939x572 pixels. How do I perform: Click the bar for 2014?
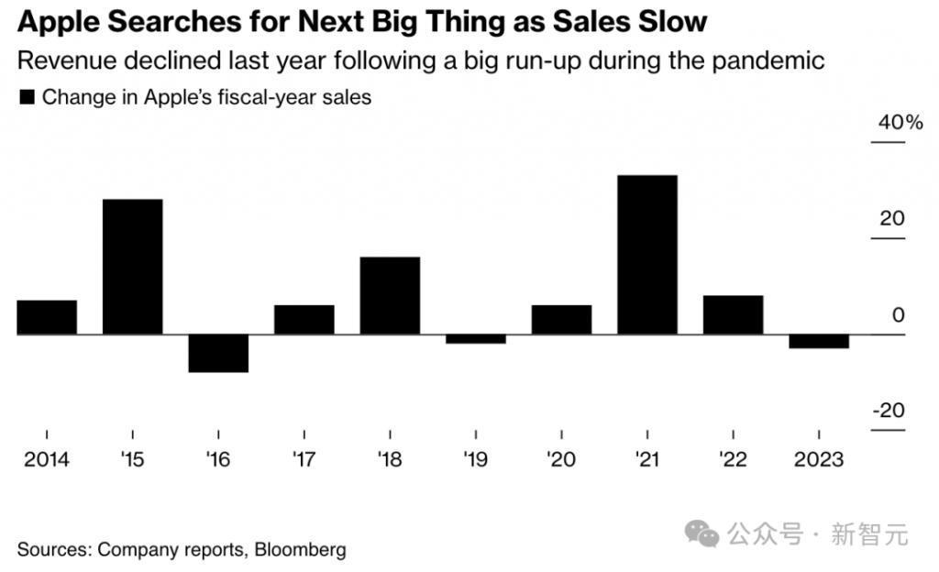47,317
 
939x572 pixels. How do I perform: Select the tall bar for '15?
132,267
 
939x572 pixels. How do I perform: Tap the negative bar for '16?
218,353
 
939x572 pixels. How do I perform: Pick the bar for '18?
390,295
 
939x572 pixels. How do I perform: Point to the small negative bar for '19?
476,339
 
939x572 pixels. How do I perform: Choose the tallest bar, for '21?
647,255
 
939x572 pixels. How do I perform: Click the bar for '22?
733,314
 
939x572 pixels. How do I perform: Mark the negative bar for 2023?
819,341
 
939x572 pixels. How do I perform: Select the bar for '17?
304,320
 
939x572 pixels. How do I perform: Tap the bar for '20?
561,320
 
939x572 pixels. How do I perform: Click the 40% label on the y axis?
900,123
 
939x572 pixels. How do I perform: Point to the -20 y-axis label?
888,410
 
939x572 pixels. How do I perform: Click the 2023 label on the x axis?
819,459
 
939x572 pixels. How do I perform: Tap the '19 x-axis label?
476,459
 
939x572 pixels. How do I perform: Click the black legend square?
27,97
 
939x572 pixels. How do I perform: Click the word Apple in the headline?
56,21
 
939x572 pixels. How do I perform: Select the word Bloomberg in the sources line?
301,550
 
